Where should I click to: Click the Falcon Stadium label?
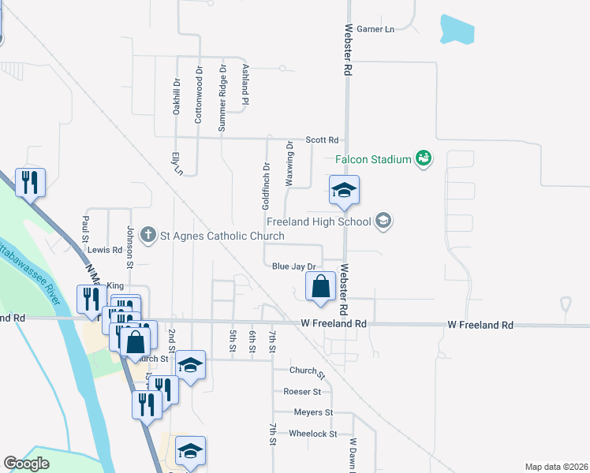pos(374,159)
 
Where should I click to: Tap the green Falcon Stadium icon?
pos(424,158)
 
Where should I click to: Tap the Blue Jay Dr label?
pos(293,267)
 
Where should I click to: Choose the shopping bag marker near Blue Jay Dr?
pos(321,288)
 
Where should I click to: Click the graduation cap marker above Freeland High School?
pos(344,192)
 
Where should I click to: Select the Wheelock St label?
pos(312,434)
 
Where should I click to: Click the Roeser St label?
pos(302,392)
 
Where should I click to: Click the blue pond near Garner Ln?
pos(457,30)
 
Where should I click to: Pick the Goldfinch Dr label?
pos(267,186)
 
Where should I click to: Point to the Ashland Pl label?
pos(245,84)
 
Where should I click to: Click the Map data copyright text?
pos(557,467)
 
